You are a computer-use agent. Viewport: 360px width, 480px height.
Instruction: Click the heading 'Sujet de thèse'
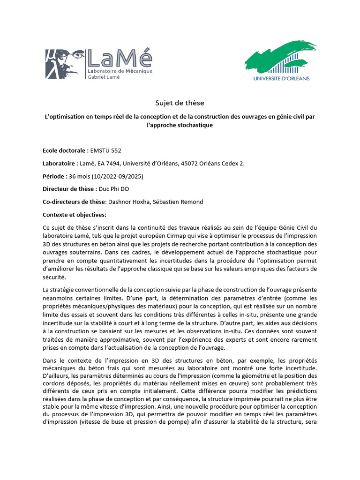tap(180, 103)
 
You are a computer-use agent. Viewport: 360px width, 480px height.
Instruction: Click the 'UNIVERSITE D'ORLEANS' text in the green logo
tap(281, 78)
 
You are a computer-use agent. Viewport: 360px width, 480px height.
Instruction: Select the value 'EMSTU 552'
tap(106, 150)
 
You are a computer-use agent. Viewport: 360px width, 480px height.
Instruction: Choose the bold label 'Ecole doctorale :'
tap(65, 150)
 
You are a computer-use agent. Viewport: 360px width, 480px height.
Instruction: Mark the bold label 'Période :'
tap(55, 176)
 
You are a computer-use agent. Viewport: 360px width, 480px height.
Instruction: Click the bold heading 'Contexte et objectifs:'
tap(75, 215)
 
